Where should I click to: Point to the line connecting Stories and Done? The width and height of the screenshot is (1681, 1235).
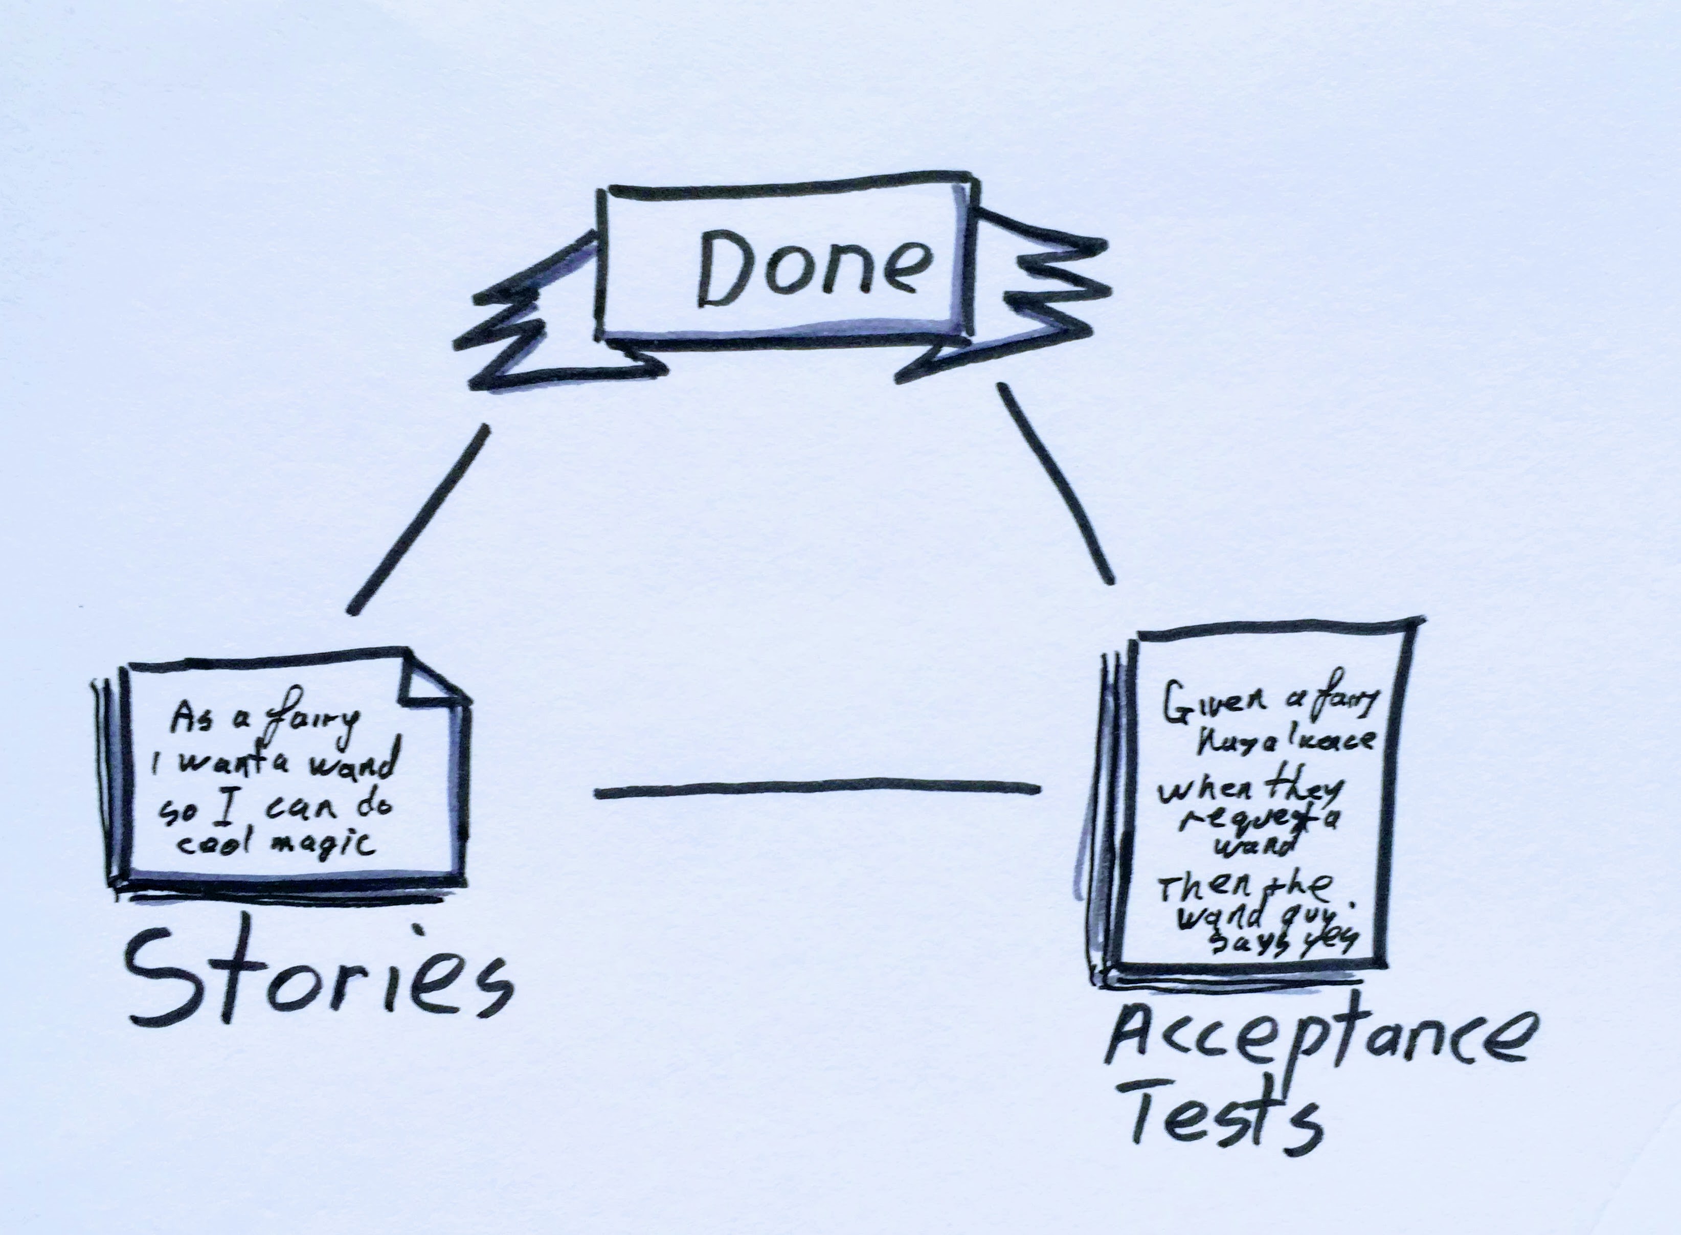(x=418, y=520)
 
